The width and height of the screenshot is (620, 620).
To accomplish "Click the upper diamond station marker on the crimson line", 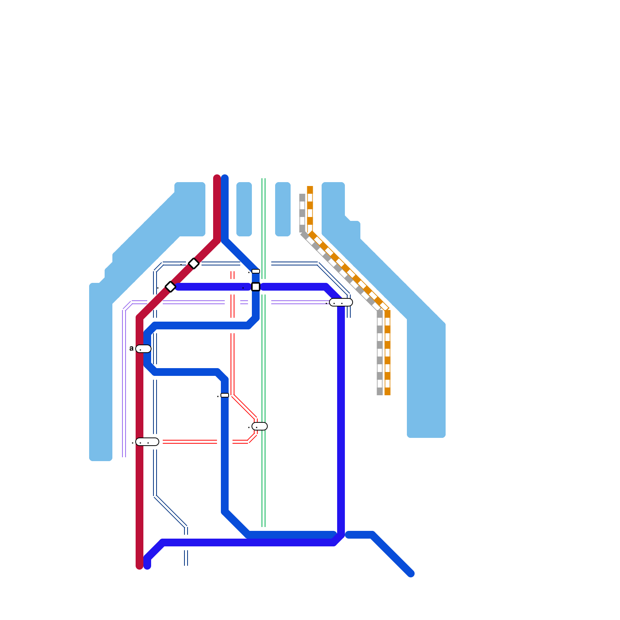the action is (x=194, y=263).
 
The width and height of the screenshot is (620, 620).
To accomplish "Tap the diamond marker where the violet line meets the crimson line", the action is (x=170, y=287).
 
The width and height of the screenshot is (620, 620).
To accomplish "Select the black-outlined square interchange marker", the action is (x=256, y=287).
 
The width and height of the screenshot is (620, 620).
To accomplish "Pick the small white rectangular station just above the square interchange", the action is (x=256, y=271).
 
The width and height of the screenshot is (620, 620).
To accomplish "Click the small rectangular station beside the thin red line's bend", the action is (x=225, y=395).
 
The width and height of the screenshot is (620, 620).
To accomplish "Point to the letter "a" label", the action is (x=131, y=348).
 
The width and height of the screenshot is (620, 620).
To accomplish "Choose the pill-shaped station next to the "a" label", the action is (x=143, y=349).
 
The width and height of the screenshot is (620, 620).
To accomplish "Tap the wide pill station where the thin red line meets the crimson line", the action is (x=147, y=442).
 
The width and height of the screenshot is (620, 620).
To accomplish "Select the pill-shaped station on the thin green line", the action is (x=260, y=426).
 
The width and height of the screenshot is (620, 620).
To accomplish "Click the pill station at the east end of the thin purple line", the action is (x=341, y=302).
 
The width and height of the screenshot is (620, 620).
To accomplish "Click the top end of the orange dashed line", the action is (x=310, y=188).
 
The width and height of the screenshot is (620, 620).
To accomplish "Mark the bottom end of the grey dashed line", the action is (x=380, y=394).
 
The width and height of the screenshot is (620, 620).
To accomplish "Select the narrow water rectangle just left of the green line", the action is (x=244, y=209).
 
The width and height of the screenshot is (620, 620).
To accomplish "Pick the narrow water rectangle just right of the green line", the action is (x=283, y=209).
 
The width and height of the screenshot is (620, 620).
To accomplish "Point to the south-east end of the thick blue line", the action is (x=411, y=573).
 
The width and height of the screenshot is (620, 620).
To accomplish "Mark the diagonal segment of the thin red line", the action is (x=244, y=407).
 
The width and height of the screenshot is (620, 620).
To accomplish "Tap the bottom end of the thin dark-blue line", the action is (x=186, y=564).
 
